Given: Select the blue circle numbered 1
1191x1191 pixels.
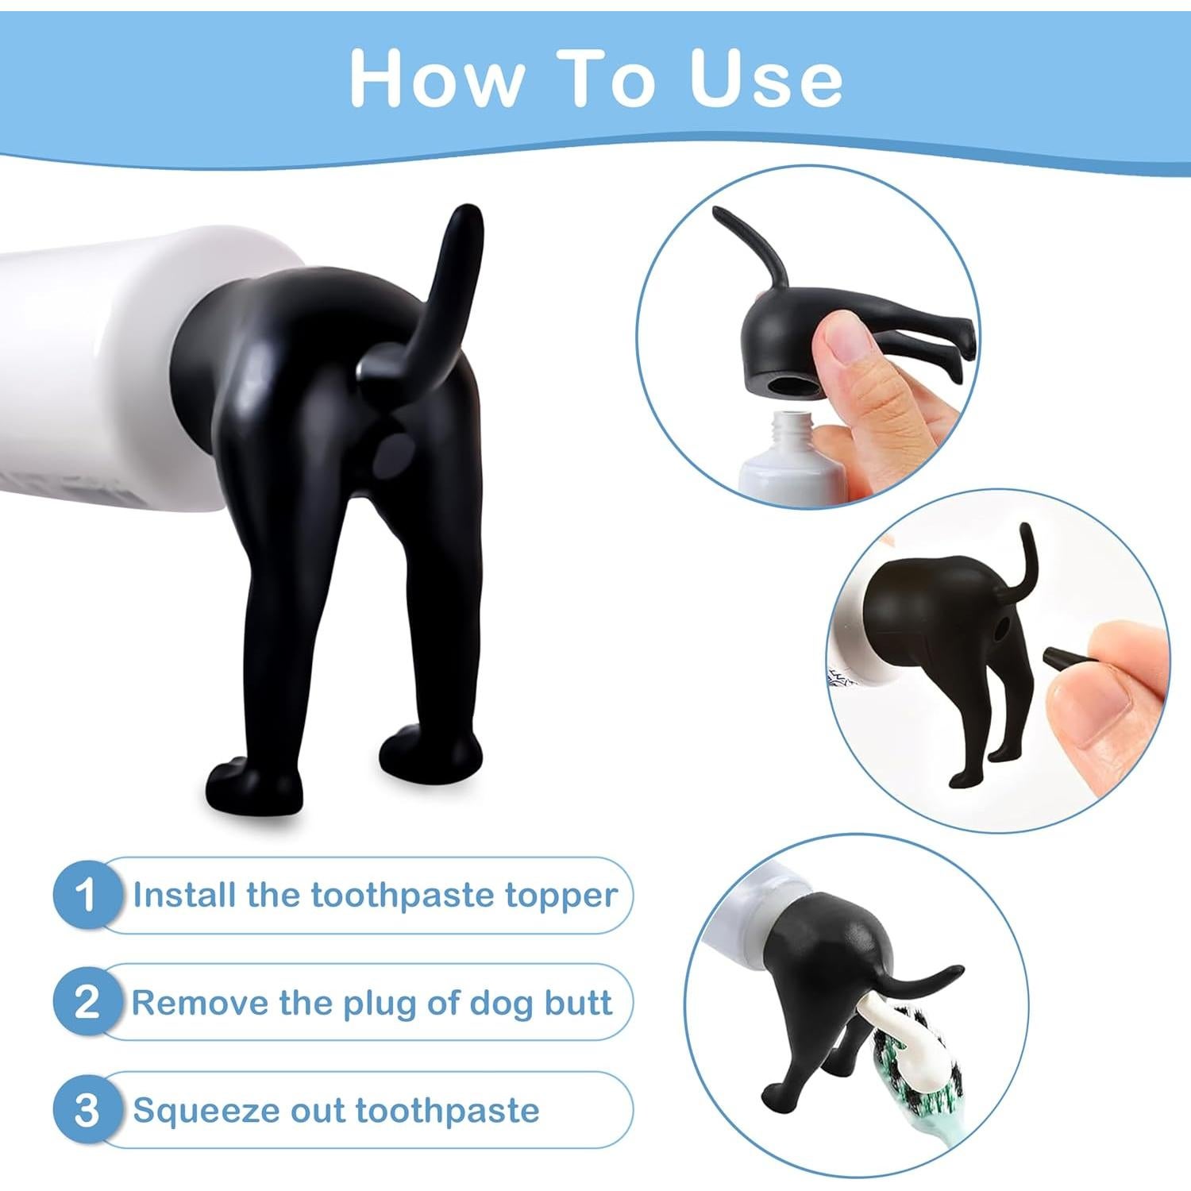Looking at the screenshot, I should coord(87,895).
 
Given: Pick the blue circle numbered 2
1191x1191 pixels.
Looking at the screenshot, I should coord(87,1002).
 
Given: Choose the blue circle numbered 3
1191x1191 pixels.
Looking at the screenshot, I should coord(87,1109).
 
